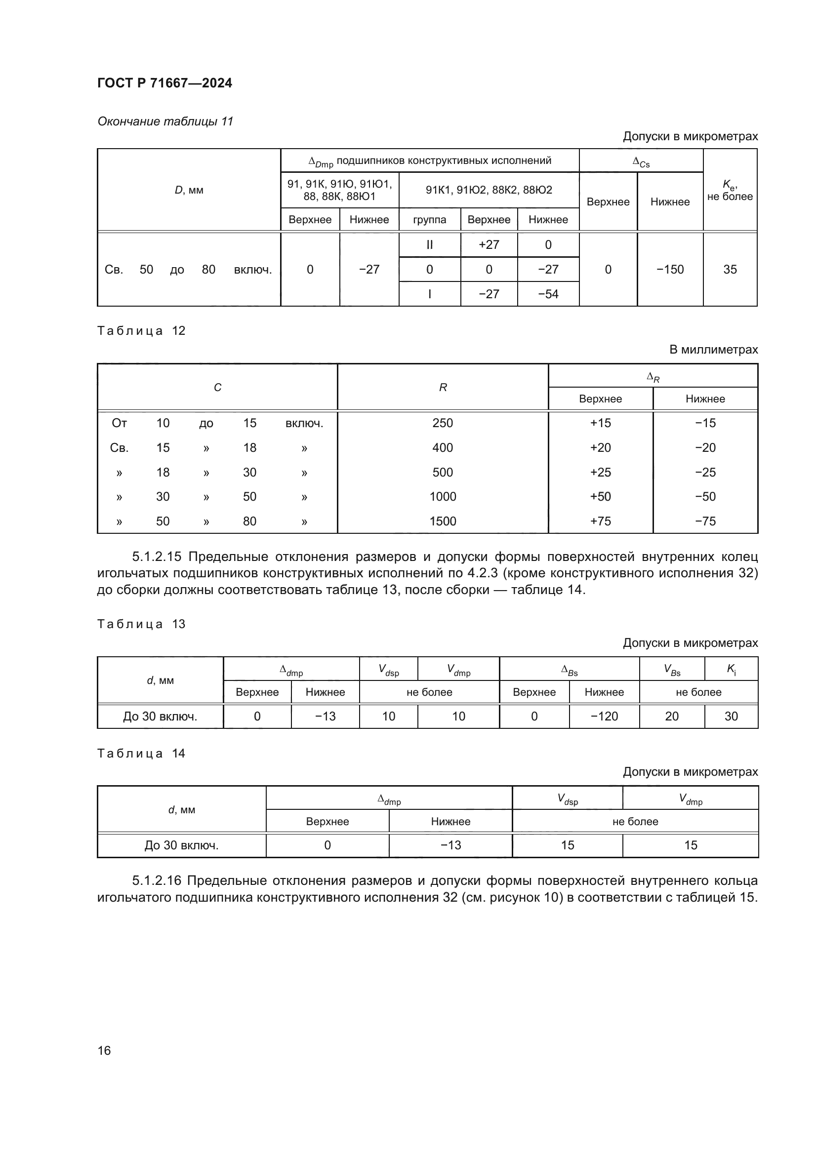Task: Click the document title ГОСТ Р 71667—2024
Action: (164, 83)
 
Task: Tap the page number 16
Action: (104, 1050)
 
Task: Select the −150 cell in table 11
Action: (670, 270)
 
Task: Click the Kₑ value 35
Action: (730, 270)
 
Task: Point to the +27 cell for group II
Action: (489, 245)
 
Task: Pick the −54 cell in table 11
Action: (548, 294)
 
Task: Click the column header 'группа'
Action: (429, 220)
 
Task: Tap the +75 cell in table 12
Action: (600, 521)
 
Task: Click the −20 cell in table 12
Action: (705, 448)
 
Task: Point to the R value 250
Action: (442, 423)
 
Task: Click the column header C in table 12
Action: (217, 387)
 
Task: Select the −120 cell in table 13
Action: (604, 717)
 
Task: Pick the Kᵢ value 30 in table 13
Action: (731, 717)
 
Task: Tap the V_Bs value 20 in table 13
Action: (672, 717)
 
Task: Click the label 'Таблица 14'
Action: (141, 754)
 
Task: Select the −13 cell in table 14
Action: (450, 845)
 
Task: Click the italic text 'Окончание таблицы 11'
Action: (165, 121)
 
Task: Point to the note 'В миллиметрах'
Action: (713, 350)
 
